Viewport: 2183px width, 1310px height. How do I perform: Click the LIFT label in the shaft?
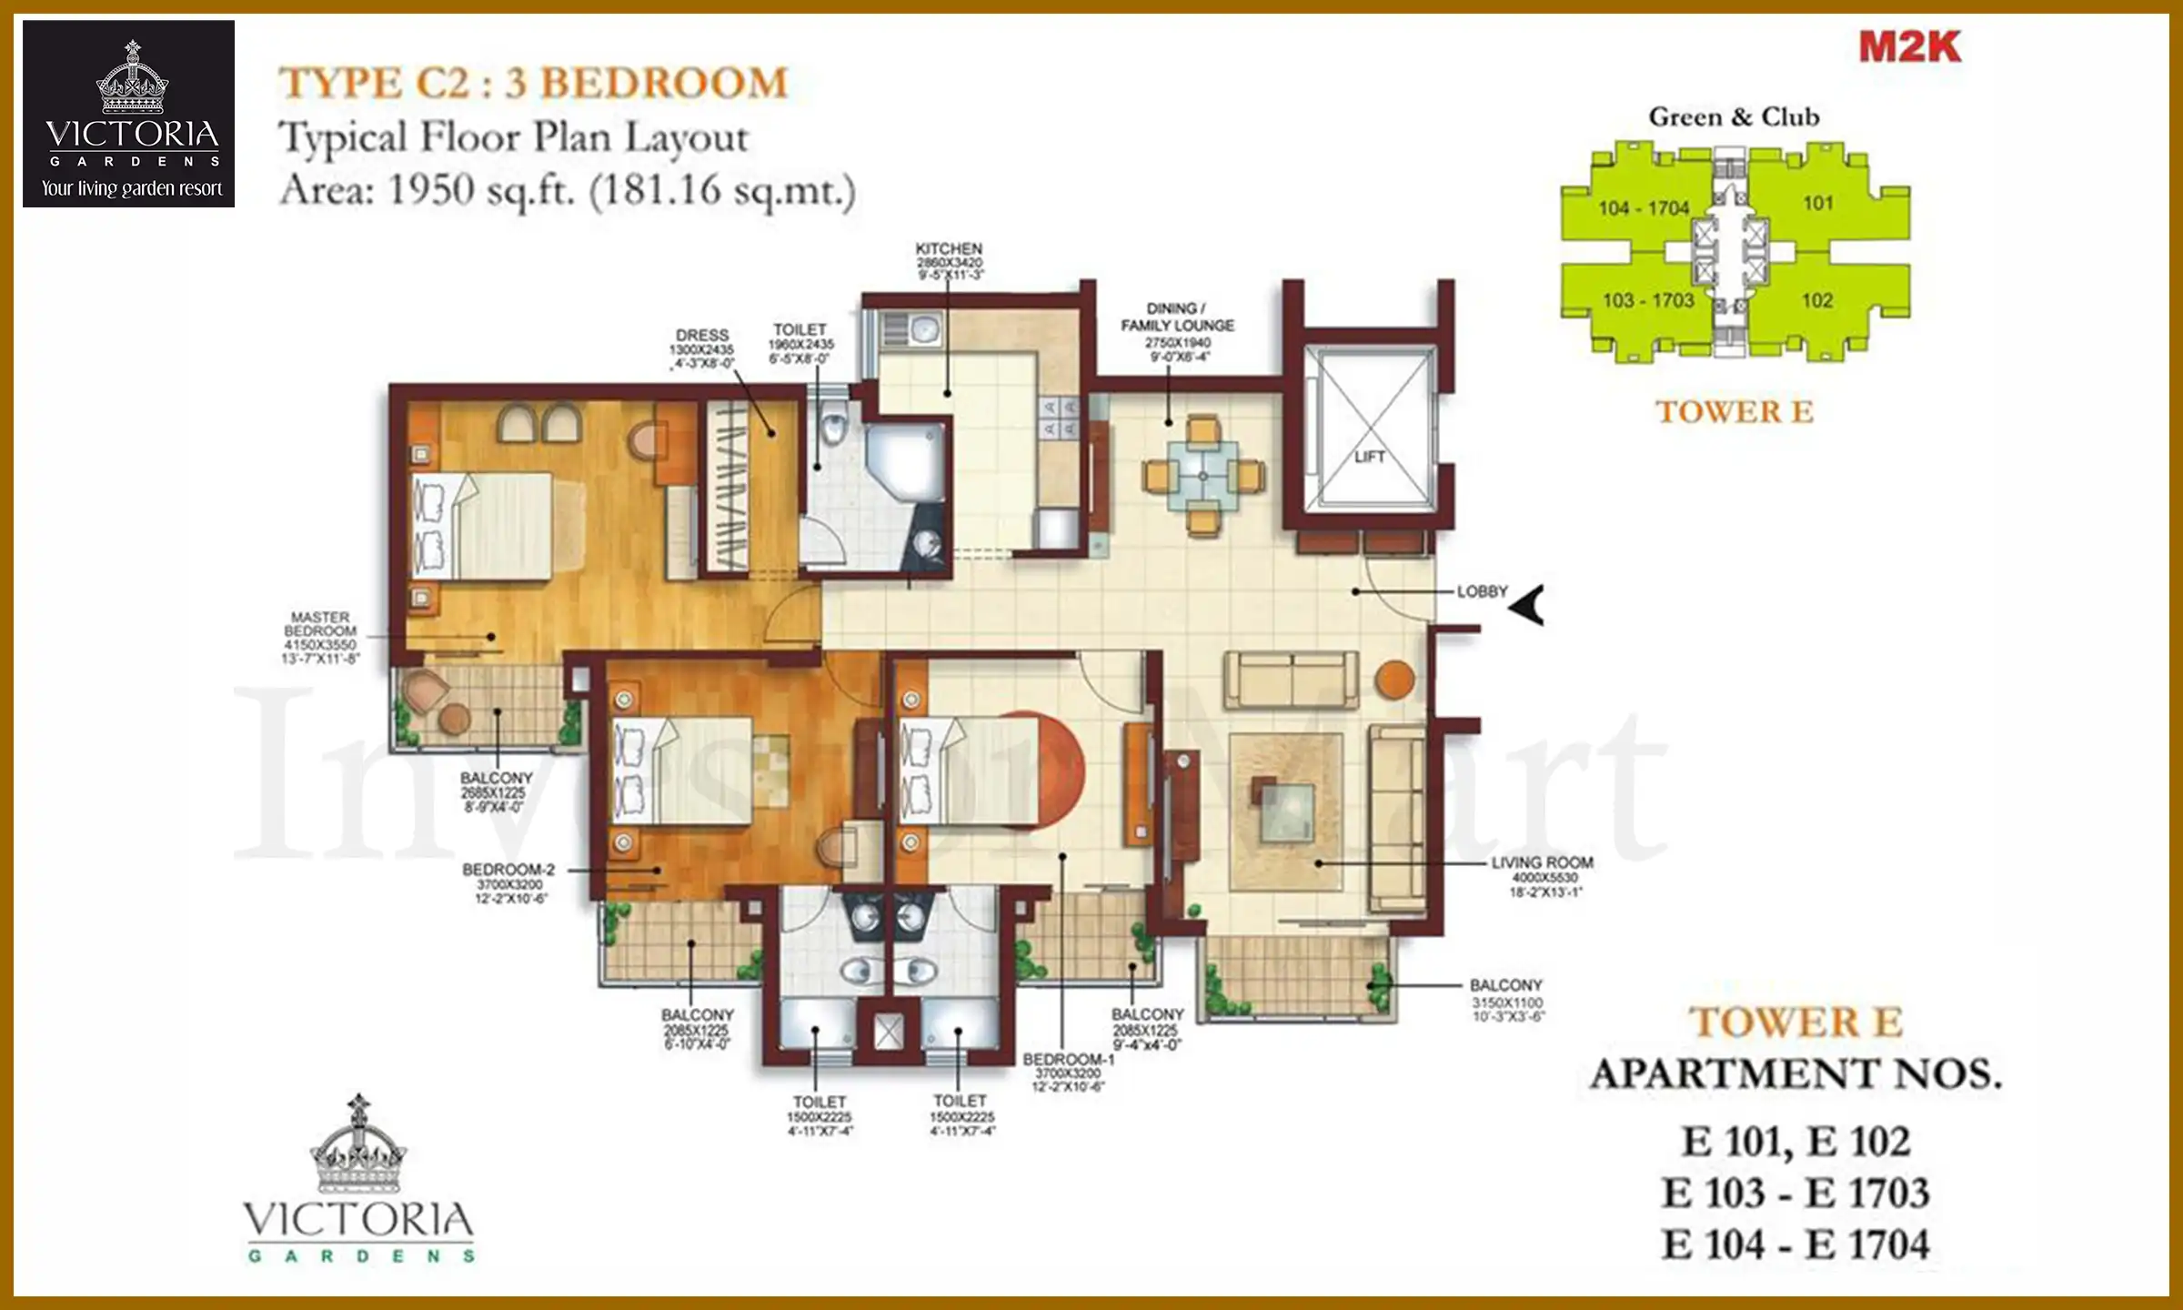[1369, 457]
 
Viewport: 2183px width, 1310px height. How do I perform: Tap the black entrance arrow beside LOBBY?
[1528, 605]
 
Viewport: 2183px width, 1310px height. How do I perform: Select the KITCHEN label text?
[949, 248]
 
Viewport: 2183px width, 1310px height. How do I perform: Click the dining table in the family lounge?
[1202, 476]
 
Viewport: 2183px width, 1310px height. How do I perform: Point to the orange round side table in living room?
[1393, 680]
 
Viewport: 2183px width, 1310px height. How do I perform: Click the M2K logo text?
[1909, 47]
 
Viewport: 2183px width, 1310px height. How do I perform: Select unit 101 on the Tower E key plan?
[1817, 203]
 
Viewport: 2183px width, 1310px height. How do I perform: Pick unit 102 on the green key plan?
[1816, 300]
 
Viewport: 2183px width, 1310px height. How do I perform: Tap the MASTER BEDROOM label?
[320, 624]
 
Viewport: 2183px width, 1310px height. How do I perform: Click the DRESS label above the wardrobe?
[701, 335]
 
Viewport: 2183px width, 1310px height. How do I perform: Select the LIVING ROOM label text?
[1542, 862]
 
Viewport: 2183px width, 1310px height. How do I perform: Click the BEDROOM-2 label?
[508, 870]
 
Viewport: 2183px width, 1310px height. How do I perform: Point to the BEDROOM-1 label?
[1068, 1060]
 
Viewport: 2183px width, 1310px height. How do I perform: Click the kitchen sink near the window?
[925, 328]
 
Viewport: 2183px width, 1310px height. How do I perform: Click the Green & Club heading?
[1734, 117]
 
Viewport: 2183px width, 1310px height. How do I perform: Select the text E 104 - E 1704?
[1795, 1244]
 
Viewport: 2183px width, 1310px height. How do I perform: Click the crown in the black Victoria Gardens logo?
[133, 80]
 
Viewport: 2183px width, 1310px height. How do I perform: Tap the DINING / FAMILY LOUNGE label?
[1177, 317]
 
